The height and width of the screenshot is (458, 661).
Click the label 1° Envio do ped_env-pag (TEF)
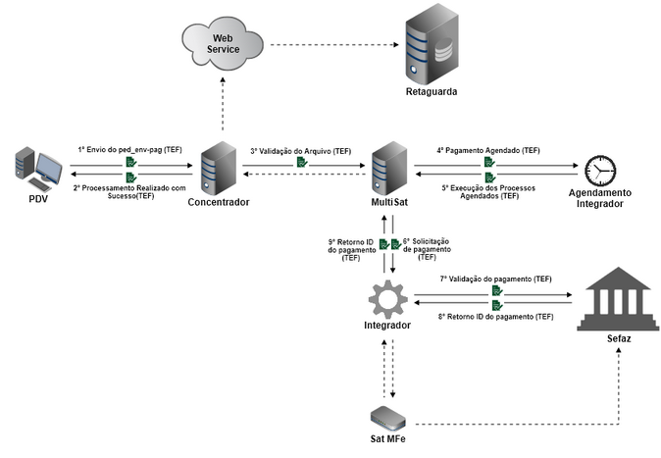point(130,149)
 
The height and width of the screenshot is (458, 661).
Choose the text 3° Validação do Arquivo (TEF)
point(300,151)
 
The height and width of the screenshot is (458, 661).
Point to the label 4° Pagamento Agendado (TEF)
point(488,151)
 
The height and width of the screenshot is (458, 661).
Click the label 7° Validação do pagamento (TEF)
point(495,279)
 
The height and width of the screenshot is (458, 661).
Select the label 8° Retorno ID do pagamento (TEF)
point(495,316)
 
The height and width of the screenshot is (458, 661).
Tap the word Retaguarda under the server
point(432,91)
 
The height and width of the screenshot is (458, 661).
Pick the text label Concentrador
point(218,202)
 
